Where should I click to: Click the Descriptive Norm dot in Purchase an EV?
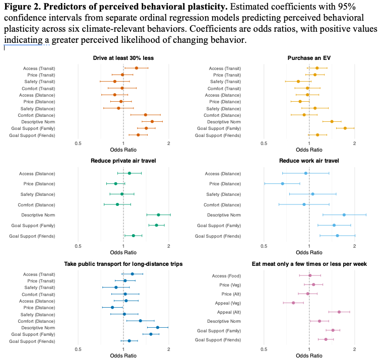point(332,121)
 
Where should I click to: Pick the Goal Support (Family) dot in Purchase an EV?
point(345,128)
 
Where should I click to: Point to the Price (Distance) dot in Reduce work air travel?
point(282,184)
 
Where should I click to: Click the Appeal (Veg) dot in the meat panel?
point(293,303)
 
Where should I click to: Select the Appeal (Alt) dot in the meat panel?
point(339,312)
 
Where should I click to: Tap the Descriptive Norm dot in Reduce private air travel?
point(158,215)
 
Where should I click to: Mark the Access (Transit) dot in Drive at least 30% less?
point(136,68)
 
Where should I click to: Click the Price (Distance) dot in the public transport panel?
point(112,307)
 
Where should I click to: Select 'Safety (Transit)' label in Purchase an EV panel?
point(225,82)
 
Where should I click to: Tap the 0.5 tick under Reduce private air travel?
point(78,246)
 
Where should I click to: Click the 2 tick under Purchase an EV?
point(355,143)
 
